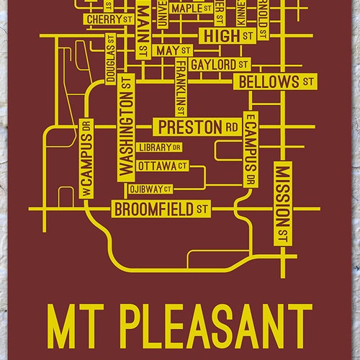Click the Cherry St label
coord(107,19)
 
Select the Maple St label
coord(192,8)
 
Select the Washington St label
coord(127,127)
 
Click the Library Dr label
coord(159,148)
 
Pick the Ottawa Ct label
coord(165,166)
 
